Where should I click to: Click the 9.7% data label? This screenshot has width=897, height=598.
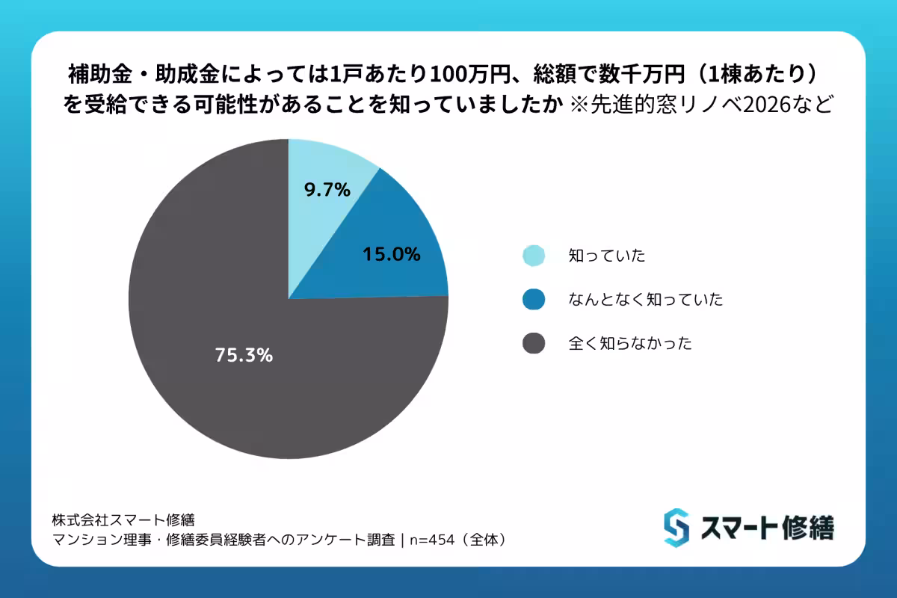point(327,190)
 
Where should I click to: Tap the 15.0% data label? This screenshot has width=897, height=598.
point(392,254)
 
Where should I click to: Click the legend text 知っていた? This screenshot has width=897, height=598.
point(606,256)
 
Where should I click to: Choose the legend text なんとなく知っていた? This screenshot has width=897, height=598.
point(645,300)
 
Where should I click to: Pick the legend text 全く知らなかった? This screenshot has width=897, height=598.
point(629,344)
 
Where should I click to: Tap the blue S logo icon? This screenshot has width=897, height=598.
point(676,527)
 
